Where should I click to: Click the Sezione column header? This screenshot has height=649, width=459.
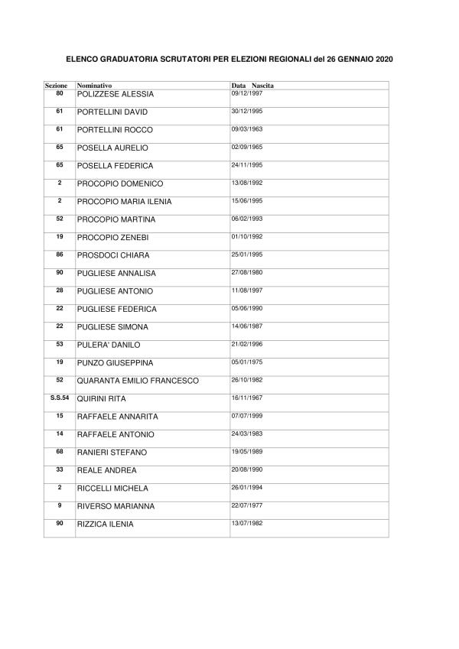tap(56, 85)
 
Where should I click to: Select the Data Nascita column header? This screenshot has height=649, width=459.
tap(252, 85)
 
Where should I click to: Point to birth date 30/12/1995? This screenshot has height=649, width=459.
tap(246, 110)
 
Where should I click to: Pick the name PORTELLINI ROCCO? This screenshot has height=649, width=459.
tap(115, 130)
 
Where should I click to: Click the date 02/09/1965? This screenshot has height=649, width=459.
tap(246, 146)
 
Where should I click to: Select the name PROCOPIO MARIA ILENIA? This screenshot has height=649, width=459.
tap(124, 202)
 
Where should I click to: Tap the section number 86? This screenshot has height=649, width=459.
tap(60, 254)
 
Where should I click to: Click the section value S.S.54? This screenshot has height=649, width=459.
tap(60, 398)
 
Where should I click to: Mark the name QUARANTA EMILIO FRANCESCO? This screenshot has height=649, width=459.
tap(138, 381)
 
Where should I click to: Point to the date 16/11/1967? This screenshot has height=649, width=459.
tap(246, 398)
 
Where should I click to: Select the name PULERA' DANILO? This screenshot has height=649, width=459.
tap(109, 345)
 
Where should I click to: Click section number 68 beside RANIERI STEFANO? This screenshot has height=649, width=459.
tap(60, 451)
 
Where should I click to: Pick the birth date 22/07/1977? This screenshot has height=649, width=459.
tap(246, 505)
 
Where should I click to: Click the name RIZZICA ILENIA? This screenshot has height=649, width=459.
tap(106, 524)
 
